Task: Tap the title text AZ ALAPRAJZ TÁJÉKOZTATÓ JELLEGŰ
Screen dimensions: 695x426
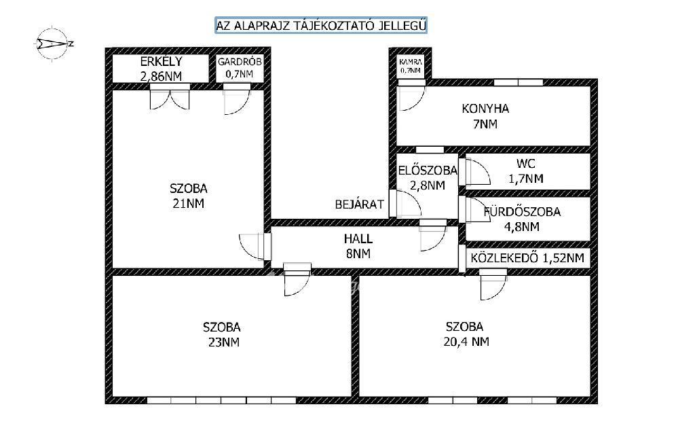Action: pos(321,25)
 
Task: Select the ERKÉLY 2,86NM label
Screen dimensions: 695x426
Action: pos(161,69)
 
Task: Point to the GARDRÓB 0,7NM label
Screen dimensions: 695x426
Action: pos(240,68)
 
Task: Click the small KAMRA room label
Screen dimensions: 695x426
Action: pos(411,66)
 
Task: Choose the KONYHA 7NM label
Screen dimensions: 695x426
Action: pos(485,116)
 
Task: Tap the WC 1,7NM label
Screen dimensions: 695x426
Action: pos(526,171)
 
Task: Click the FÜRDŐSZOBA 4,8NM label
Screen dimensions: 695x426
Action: pos(522,219)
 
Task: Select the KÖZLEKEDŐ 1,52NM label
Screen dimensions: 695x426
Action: pos(527,258)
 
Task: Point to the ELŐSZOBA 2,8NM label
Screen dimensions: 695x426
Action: pos(428,177)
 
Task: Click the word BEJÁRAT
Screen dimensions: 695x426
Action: pos(360,205)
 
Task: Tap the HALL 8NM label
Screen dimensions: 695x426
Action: pos(358,246)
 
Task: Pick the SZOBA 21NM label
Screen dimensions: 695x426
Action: pos(189,196)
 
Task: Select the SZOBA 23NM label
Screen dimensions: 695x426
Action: pos(222,334)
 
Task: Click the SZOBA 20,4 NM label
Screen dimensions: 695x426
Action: pos(466,334)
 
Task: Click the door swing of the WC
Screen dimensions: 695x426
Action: pos(474,171)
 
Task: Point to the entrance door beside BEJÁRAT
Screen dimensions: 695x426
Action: pos(405,204)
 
